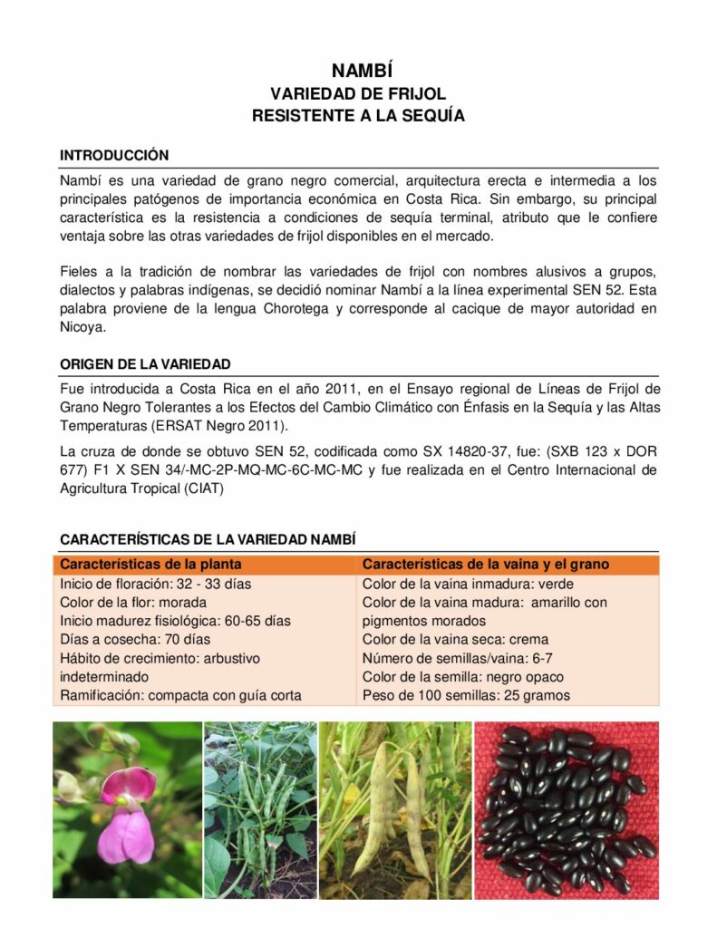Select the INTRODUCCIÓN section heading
[114, 156]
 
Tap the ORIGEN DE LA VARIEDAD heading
[145, 364]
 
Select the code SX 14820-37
[471, 451]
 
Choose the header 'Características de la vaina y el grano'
[485, 565]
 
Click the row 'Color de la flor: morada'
[133, 602]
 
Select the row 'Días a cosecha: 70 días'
[135, 639]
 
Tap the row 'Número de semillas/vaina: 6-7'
[457, 658]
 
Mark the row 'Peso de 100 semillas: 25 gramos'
[466, 695]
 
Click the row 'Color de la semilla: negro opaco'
[462, 677]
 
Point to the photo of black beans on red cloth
[567, 809]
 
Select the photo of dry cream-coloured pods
[395, 809]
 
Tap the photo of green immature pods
[260, 809]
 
